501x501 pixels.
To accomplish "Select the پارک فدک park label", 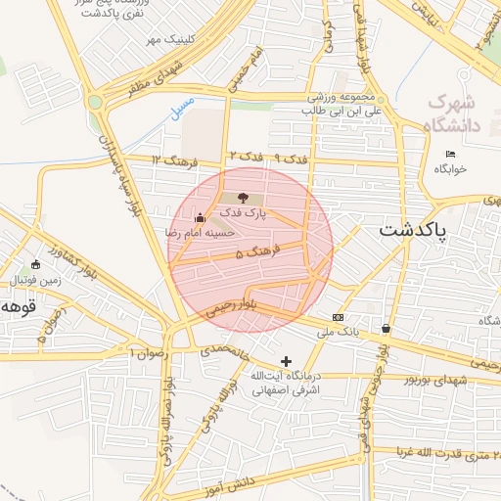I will click(243, 212).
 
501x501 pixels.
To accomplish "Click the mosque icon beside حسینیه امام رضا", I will click(201, 217).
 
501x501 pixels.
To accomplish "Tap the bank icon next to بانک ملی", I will click(339, 317).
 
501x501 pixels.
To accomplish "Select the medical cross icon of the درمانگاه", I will click(286, 361).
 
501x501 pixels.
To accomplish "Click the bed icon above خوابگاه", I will click(450, 155).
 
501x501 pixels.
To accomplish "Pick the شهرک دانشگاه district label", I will click(451, 114).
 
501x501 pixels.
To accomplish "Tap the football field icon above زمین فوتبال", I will click(36, 264).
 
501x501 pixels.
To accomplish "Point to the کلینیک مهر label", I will click(165, 39).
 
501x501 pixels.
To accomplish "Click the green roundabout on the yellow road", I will click(95, 101).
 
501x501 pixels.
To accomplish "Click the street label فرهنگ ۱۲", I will click(176, 159).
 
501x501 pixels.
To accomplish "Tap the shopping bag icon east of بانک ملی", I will click(387, 328).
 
